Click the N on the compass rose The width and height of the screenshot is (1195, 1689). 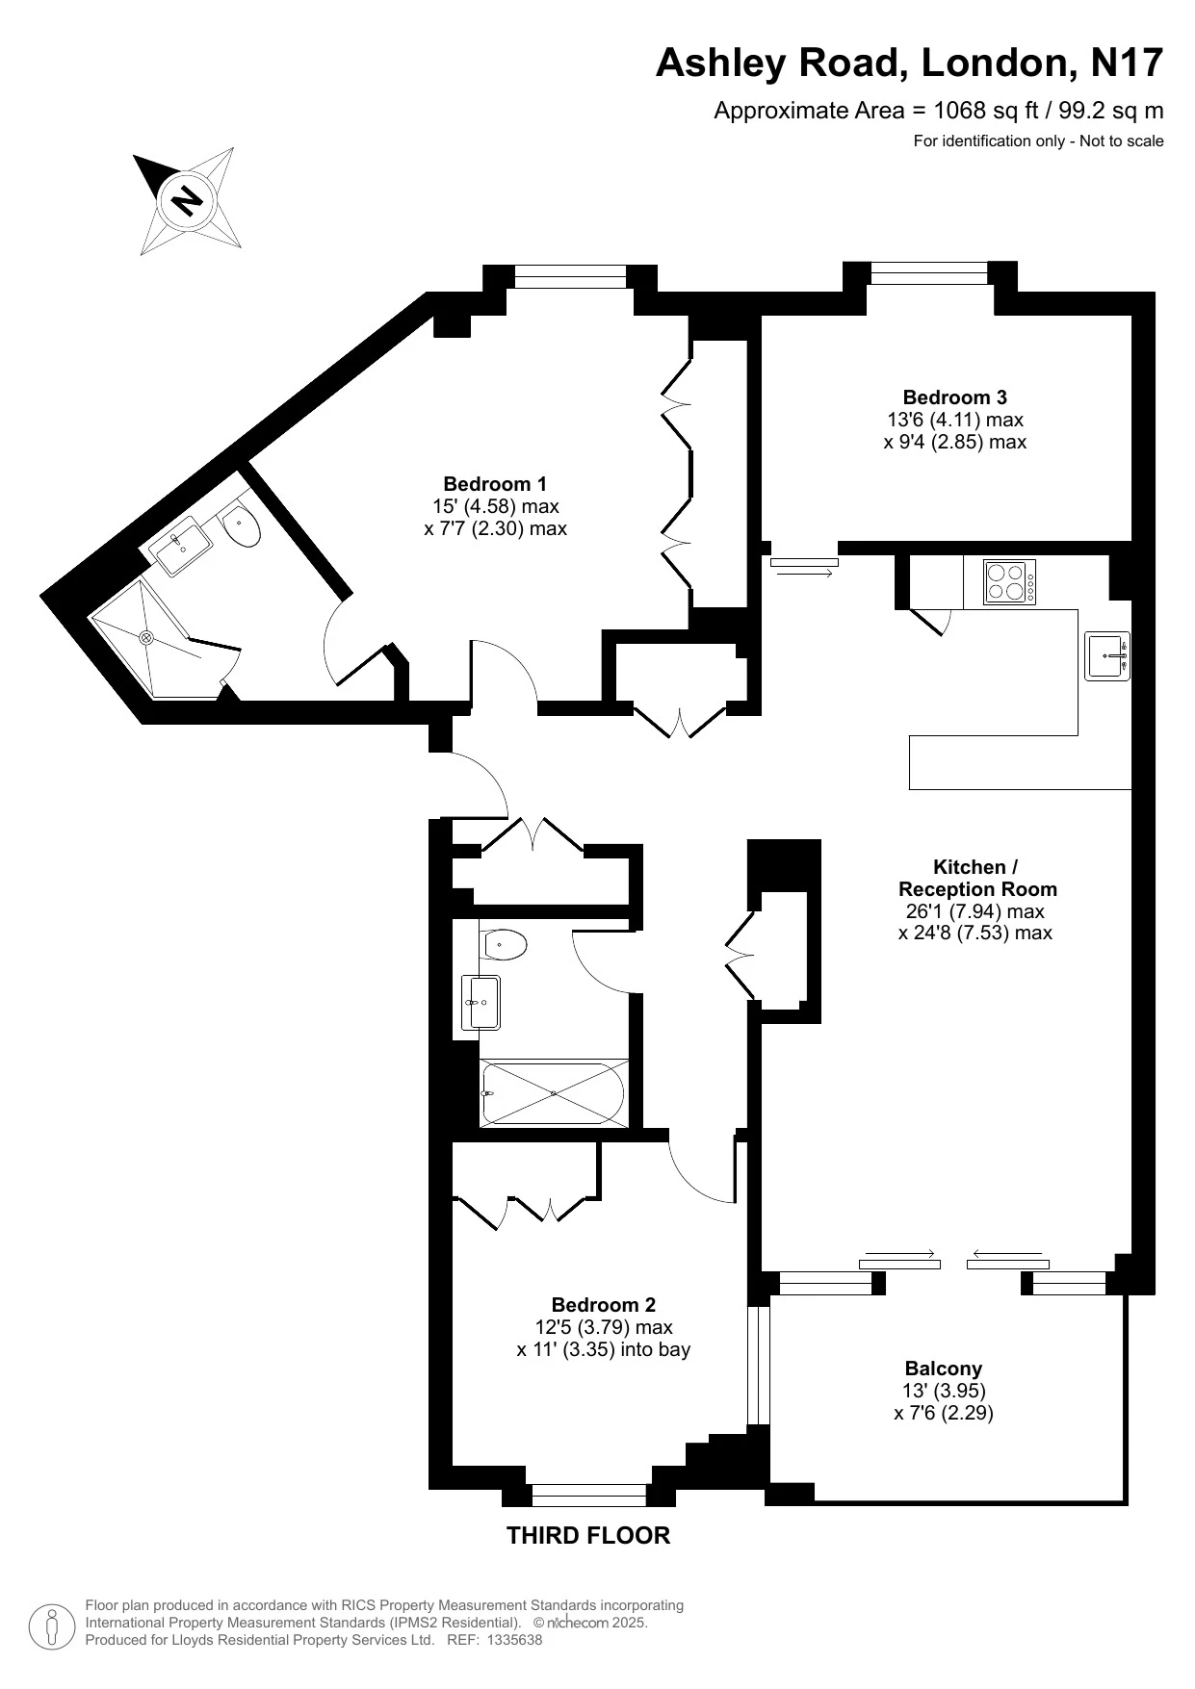point(186,200)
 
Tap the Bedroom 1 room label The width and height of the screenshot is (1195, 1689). point(495,484)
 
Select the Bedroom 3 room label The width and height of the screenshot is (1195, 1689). point(954,397)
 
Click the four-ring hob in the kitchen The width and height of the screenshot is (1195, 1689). point(1009,582)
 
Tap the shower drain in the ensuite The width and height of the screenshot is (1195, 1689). point(147,636)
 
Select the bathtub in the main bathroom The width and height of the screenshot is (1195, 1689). point(554,1093)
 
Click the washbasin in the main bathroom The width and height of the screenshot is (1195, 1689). point(480,1002)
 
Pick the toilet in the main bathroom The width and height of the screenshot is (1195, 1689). point(504,945)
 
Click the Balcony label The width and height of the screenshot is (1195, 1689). point(943,1368)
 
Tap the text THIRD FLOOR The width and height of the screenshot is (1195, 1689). point(588,1535)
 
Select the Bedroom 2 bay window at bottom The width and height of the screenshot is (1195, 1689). point(588,1495)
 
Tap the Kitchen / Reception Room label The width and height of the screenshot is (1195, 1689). point(976,878)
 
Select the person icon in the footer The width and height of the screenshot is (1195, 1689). point(53,1625)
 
